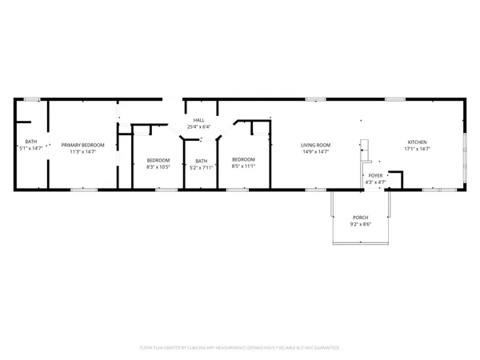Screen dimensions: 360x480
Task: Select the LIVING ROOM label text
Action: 315,145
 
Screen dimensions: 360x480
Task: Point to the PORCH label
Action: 361,218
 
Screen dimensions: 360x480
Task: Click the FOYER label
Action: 375,176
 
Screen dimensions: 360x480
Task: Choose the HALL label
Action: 198,120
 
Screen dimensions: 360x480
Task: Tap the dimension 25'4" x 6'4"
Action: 198,126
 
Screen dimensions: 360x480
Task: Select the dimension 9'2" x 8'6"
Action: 361,225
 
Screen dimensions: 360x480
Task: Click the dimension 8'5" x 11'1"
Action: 242,166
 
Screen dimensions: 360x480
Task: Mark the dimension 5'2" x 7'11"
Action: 201,168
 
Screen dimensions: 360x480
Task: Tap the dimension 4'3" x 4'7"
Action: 375,182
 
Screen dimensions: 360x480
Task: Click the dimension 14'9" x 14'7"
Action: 315,151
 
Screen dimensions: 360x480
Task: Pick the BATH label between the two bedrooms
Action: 201,161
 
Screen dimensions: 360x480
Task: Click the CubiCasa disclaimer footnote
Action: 240,348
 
